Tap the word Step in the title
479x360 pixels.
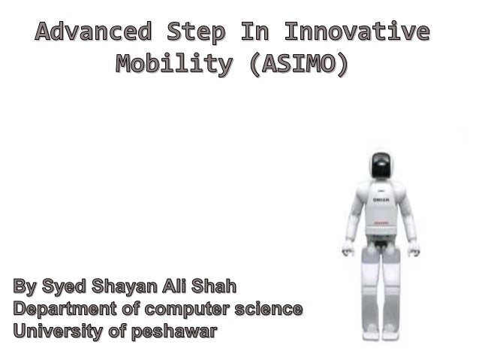195,33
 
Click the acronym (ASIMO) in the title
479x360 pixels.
300,65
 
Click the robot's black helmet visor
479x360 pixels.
381,166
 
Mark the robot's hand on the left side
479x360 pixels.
348,248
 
